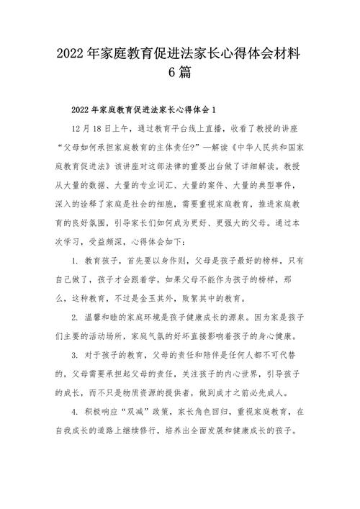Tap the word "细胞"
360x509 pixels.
188,202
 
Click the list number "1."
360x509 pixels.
76,258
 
